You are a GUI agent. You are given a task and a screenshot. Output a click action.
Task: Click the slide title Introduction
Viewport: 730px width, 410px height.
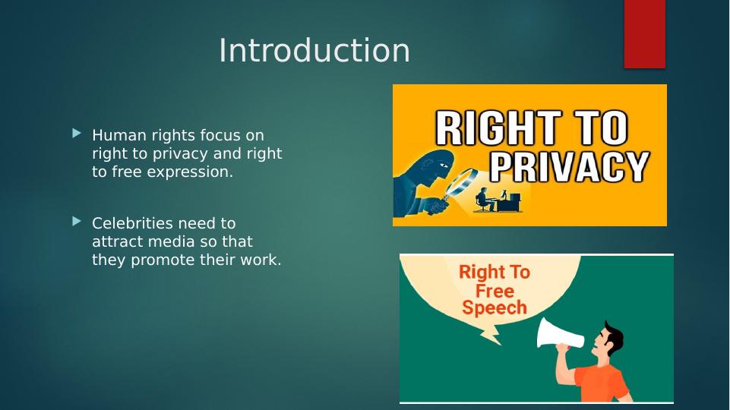[314, 50]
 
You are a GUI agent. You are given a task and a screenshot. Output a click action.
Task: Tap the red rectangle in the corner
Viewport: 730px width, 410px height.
[644, 34]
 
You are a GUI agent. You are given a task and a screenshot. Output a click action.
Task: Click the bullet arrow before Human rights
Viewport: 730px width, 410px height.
[77, 134]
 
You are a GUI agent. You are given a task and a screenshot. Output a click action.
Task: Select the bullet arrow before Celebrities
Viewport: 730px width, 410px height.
[77, 222]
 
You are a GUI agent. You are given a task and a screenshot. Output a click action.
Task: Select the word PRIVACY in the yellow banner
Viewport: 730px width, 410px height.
[570, 166]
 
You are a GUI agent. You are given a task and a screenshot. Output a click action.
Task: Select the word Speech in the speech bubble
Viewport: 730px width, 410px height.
[494, 307]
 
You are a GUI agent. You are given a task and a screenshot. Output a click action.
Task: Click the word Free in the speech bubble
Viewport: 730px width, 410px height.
[495, 291]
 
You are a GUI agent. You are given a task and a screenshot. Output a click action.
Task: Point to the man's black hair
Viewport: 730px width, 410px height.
[613, 333]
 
